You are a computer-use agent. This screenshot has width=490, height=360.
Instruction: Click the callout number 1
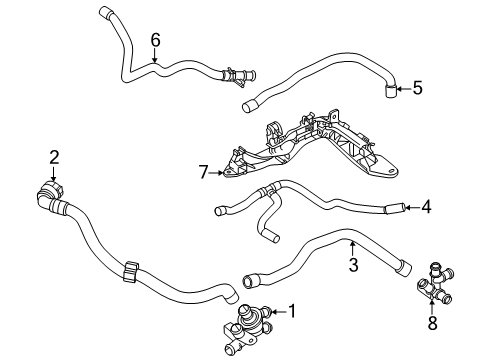(x=292, y=311)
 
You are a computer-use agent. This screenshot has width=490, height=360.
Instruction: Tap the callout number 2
(x=54, y=157)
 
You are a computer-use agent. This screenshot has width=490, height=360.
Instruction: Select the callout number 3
(x=353, y=265)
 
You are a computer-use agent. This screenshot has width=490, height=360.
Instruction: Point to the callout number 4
(x=426, y=207)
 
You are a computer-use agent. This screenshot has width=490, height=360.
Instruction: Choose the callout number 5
(x=417, y=88)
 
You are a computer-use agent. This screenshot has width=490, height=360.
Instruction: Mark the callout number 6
(x=155, y=40)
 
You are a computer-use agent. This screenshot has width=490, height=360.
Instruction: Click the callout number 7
(x=203, y=172)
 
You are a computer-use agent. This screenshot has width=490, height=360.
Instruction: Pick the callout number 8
(x=432, y=323)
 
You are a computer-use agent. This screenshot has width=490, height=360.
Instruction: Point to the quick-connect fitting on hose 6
(x=237, y=78)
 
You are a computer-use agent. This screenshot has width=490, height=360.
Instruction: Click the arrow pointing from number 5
(x=404, y=89)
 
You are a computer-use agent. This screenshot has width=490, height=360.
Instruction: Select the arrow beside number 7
(x=217, y=173)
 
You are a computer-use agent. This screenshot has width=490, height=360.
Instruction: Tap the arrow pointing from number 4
(x=412, y=207)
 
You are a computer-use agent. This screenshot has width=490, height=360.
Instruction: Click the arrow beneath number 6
(x=155, y=55)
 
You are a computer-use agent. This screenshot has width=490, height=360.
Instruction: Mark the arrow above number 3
(x=353, y=249)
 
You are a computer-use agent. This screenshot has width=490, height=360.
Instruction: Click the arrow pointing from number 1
(x=279, y=312)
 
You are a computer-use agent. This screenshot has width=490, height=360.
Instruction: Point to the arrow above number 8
(x=432, y=308)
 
